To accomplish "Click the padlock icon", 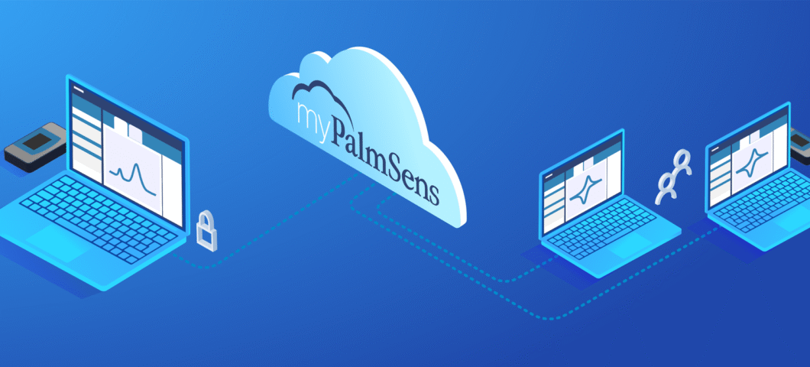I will [x=206, y=230].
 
